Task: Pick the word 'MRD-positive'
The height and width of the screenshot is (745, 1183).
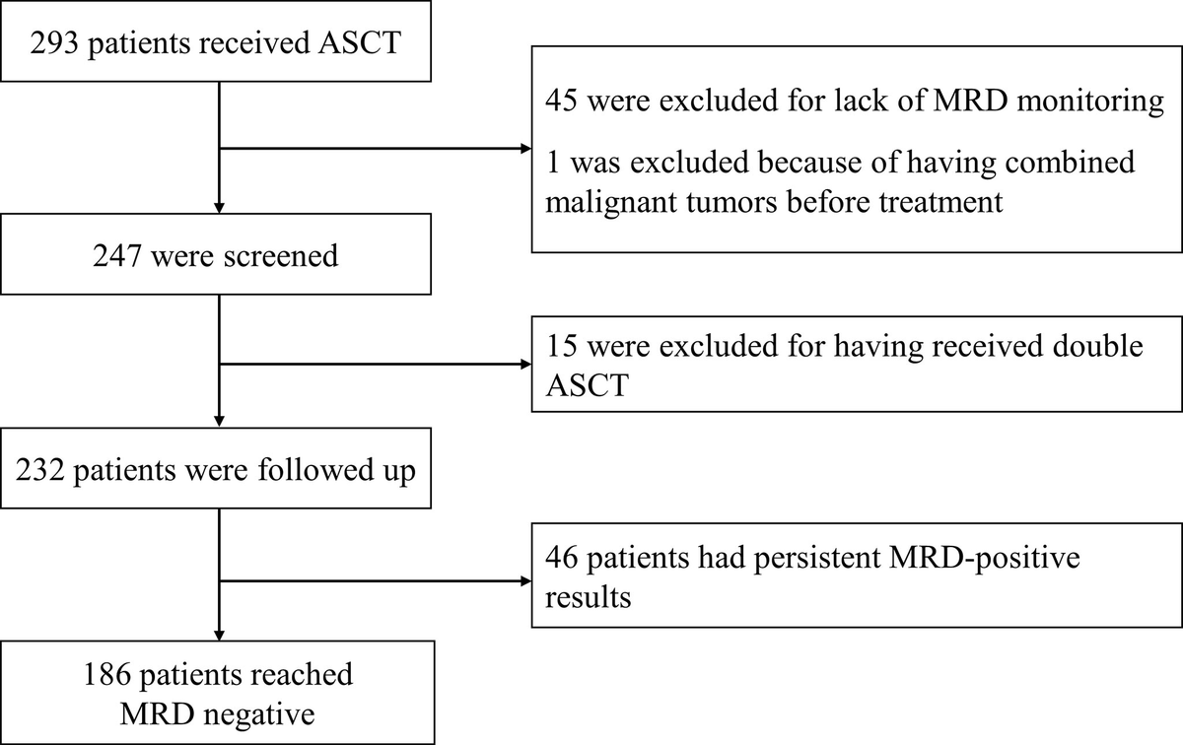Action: click(x=986, y=559)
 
